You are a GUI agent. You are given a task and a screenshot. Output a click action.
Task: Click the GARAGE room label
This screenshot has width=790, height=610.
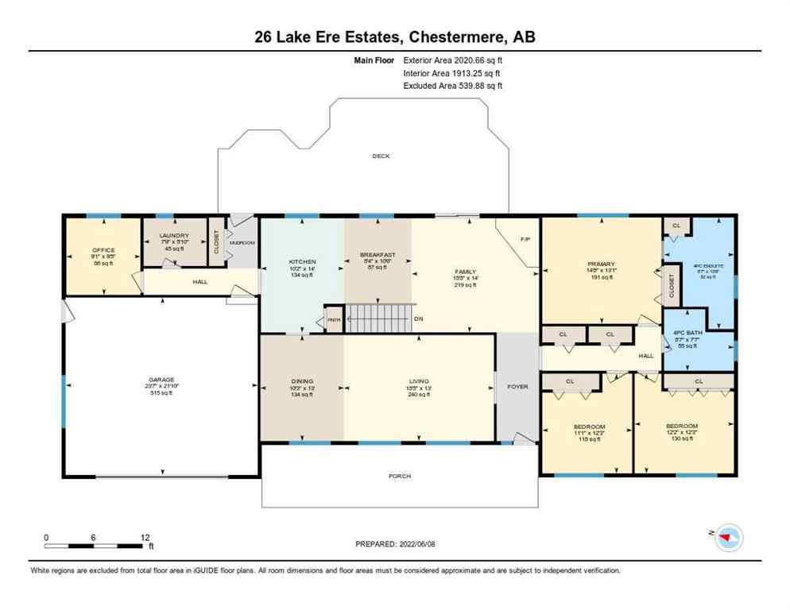(160, 380)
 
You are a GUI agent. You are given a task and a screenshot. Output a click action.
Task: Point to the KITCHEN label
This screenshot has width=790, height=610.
(303, 261)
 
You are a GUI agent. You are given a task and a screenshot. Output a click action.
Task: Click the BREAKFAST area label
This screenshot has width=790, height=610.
(378, 255)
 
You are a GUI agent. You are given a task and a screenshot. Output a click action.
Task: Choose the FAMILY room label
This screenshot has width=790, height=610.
(465, 272)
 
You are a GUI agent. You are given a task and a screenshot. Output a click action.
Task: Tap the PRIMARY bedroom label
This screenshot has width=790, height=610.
(602, 264)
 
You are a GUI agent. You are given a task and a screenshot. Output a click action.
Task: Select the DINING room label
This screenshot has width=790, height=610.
(302, 381)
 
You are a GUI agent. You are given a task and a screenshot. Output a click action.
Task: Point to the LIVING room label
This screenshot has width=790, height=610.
(418, 381)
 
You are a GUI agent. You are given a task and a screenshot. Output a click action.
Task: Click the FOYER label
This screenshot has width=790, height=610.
(517, 387)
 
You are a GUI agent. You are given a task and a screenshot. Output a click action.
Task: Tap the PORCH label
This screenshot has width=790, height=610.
(400, 476)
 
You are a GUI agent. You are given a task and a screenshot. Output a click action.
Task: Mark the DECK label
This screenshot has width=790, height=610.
(381, 156)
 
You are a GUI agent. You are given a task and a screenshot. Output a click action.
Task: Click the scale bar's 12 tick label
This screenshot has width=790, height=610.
(145, 537)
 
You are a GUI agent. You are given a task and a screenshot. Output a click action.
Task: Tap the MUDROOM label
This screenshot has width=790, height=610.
(242, 242)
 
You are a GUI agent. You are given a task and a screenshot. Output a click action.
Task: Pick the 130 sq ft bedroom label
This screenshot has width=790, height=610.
(682, 427)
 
